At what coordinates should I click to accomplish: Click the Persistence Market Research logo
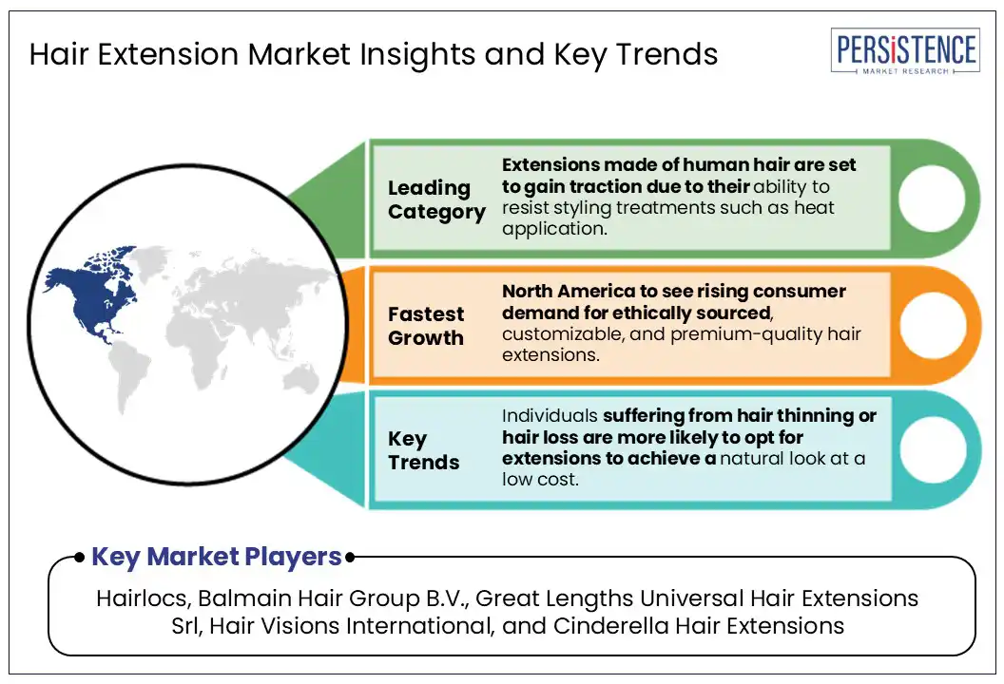pos(905,51)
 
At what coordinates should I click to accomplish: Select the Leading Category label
pos(436,199)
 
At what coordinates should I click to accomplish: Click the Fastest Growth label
pos(426,326)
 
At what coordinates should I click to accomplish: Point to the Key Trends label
pos(423,450)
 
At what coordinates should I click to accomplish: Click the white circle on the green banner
pos(932,199)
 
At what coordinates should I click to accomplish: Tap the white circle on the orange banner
pos(933,324)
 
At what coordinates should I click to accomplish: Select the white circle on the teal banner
pos(933,449)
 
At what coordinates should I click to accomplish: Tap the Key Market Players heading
pos(217,557)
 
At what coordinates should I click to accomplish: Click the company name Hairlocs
pos(144,598)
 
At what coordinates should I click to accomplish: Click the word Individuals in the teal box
pos(550,416)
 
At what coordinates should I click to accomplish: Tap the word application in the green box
pos(554,229)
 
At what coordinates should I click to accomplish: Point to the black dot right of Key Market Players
pos(350,558)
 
